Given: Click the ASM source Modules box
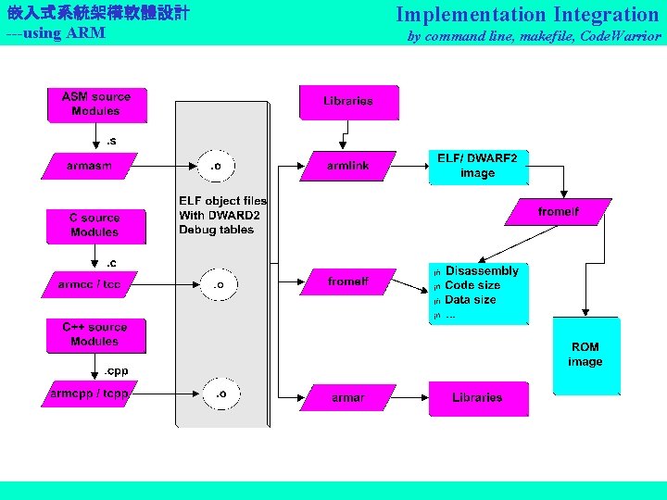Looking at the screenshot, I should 96,104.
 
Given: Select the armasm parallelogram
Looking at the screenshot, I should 89,166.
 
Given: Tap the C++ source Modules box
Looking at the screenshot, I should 94,334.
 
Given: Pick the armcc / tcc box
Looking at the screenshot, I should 89,284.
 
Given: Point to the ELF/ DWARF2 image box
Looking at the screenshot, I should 477,167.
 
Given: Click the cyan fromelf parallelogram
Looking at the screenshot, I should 558,212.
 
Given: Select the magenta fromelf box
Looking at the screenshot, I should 348,281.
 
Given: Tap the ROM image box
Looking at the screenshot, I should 585,356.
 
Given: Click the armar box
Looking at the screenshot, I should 348,398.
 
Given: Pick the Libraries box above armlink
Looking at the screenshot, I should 348,102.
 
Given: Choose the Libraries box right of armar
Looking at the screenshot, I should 478,398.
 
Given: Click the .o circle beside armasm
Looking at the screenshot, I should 217,167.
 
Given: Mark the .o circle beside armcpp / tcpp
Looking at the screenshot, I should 220,394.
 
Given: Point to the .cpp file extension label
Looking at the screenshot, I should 116,370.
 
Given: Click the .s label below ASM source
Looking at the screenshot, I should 111,141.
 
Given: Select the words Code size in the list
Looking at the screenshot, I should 472,285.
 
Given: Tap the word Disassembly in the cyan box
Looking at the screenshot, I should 482,270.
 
